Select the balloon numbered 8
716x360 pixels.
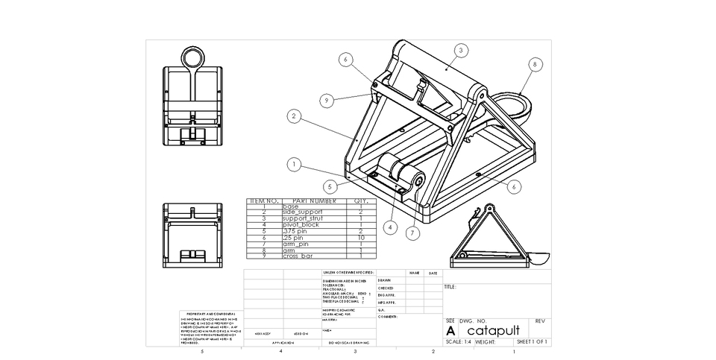pyautogui.click(x=535, y=65)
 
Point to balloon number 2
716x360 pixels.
pyautogui.click(x=295, y=116)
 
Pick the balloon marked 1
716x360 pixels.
pyautogui.click(x=295, y=164)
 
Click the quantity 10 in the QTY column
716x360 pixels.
pyautogui.click(x=361, y=237)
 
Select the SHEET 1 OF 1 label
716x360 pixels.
pyautogui.click(x=533, y=342)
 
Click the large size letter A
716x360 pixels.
pyautogui.click(x=450, y=330)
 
